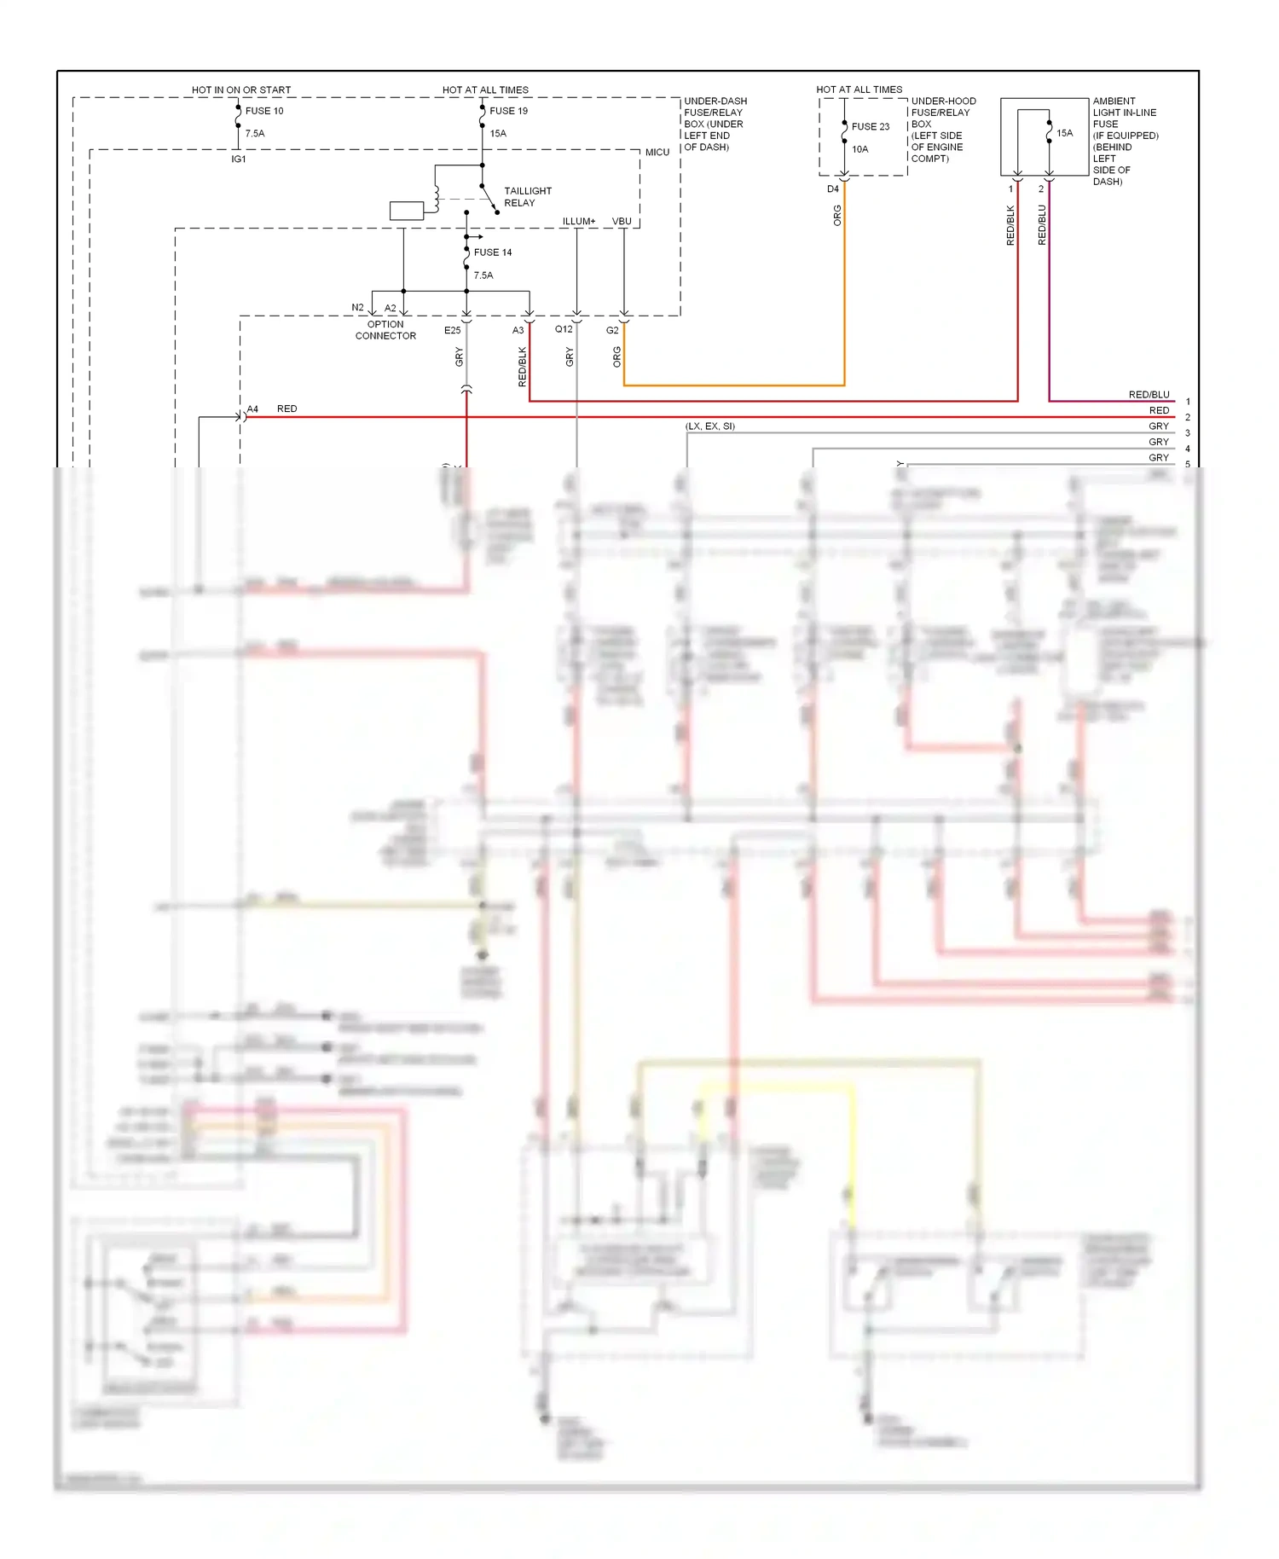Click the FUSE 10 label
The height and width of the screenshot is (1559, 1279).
click(264, 111)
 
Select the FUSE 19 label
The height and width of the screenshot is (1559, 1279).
click(508, 111)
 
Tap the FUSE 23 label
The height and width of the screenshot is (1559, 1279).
click(871, 126)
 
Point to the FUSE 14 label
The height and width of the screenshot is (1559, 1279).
click(493, 252)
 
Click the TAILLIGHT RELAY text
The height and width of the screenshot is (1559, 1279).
click(527, 197)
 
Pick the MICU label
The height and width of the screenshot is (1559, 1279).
click(657, 152)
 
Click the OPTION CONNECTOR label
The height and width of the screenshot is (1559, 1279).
click(385, 330)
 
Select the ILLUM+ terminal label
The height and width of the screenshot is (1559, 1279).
click(579, 221)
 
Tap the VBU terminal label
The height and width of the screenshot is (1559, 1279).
click(622, 221)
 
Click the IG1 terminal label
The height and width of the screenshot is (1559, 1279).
click(239, 159)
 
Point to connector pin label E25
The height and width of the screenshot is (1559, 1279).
click(452, 330)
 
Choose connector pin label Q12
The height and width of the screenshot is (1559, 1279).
click(564, 329)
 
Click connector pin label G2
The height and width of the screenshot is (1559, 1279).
click(612, 330)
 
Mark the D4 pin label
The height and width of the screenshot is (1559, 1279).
click(833, 189)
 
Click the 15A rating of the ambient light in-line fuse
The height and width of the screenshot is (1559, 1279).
click(1065, 133)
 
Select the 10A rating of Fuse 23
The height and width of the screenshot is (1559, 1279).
click(859, 149)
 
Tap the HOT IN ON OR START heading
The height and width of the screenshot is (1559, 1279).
click(241, 90)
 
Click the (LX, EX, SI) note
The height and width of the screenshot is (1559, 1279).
click(709, 426)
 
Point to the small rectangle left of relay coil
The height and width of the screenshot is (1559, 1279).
click(406, 211)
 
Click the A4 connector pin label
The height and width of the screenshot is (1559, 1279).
click(252, 409)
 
